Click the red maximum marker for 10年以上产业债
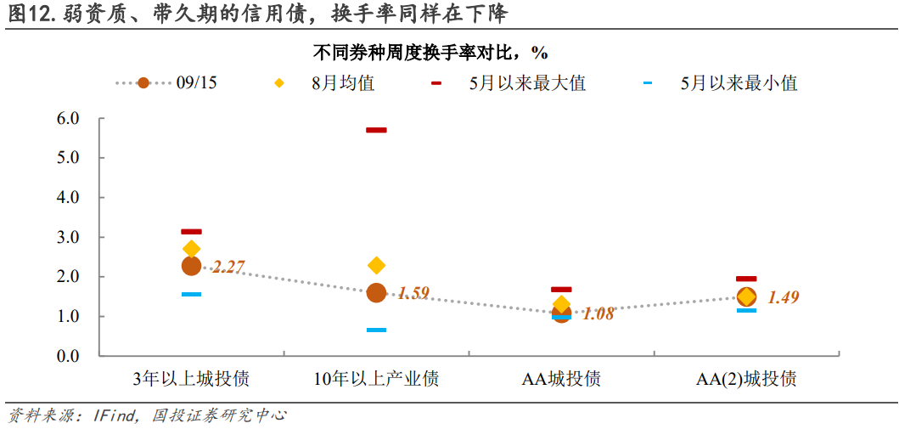coord(376,130)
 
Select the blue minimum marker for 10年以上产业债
coord(376,330)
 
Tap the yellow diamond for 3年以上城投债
coord(192,249)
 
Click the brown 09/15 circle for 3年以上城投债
coord(192,266)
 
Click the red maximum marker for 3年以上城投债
coord(192,231)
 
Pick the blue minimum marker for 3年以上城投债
coord(192,294)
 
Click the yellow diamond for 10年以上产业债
coord(376,266)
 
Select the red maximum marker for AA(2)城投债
coord(746,279)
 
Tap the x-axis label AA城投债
coord(561,379)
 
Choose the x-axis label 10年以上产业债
coord(376,379)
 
